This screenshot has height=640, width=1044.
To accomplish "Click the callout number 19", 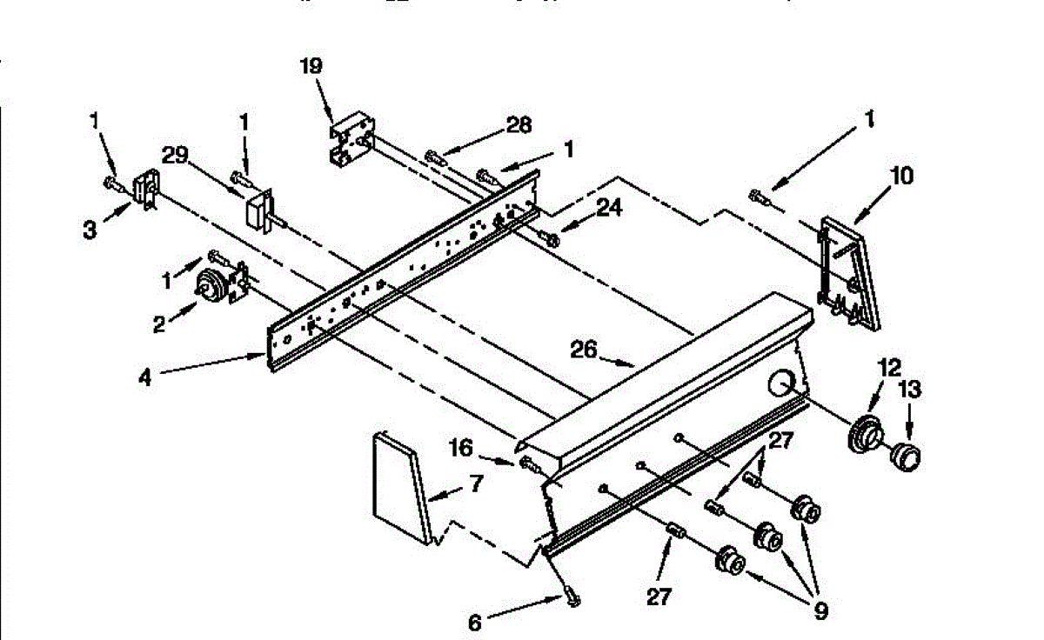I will [x=311, y=65].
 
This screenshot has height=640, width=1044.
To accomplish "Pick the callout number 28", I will [x=519, y=125].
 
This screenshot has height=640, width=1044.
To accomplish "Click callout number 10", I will [x=901, y=177].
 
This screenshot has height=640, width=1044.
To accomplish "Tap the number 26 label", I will [x=584, y=349].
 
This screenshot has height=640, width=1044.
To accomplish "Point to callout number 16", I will [x=461, y=448].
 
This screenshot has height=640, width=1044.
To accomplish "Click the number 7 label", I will [x=476, y=484].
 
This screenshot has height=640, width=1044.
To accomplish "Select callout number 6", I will [x=474, y=623].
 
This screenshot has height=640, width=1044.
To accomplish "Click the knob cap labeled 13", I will [x=904, y=454].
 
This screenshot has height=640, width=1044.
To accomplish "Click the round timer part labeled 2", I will [x=211, y=285].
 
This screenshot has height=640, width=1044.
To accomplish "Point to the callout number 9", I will [x=820, y=611].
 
